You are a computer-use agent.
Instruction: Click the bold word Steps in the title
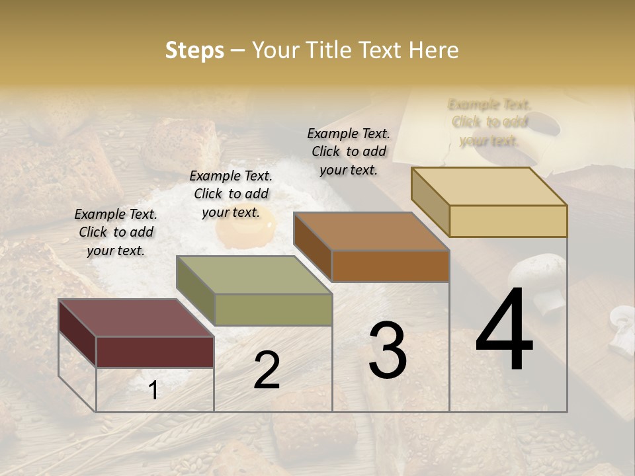194,50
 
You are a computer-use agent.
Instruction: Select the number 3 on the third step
388,350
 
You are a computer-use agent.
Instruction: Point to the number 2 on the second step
267,370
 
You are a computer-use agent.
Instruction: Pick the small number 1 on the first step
153,390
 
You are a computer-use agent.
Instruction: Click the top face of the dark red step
136,318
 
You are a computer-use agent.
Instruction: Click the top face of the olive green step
254,275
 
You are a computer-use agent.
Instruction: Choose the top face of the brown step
371,231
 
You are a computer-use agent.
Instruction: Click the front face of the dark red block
155,352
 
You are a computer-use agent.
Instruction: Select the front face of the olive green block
273,309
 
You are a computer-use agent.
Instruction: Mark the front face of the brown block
390,266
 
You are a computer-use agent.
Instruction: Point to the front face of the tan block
508,221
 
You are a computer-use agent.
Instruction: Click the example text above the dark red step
116,232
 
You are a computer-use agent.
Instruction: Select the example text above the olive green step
231,194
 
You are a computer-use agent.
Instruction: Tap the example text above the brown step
349,151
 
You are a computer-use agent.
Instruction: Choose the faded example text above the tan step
489,122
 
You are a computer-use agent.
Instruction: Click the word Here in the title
434,50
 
